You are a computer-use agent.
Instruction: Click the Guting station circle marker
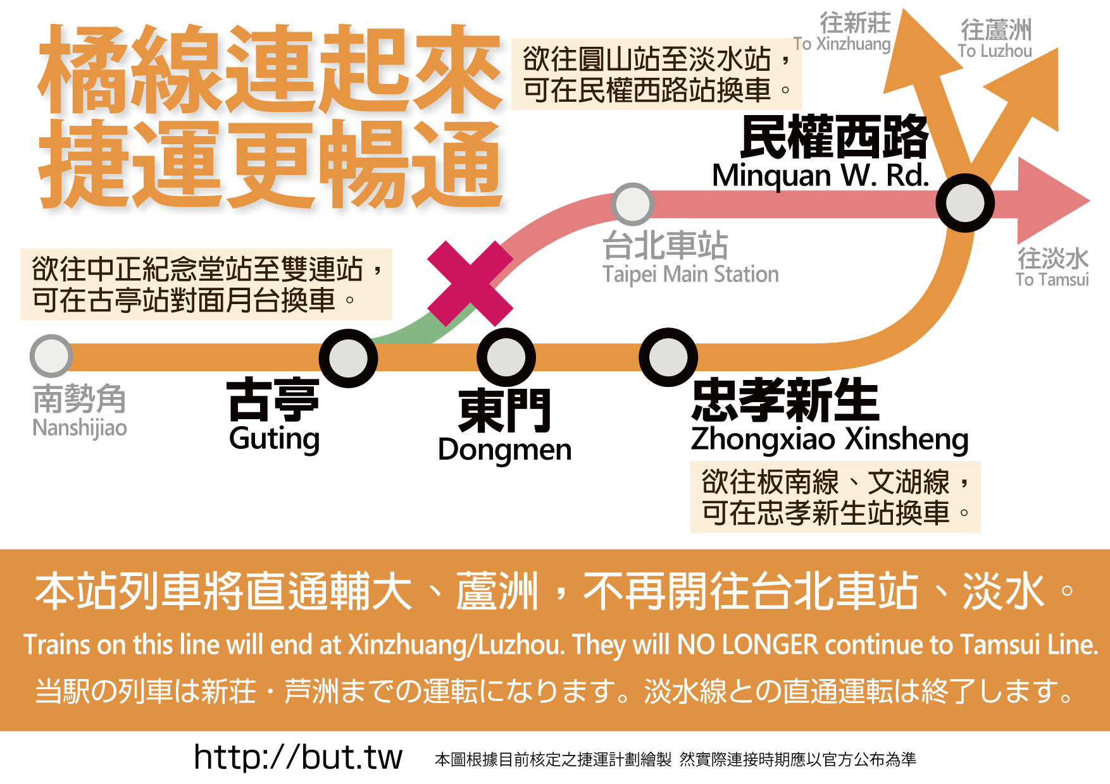348,358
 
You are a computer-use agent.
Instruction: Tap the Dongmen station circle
506,357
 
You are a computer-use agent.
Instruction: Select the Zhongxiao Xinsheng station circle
668,357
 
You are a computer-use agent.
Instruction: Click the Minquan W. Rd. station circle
965,203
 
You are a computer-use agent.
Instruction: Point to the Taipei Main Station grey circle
632,204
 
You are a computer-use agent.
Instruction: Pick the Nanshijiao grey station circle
51,356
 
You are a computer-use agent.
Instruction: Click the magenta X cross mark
470,283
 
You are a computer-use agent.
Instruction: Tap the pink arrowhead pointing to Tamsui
1051,201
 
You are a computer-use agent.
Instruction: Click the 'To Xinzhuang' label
842,44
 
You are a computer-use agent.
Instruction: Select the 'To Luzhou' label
995,51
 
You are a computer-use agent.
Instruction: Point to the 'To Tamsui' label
1052,279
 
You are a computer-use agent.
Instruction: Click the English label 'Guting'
274,439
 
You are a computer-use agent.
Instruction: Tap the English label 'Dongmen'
504,450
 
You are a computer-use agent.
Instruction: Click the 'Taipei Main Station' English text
690,274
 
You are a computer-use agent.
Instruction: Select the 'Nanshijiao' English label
80,428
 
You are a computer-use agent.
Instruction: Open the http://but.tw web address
298,757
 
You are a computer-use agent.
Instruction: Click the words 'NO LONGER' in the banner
747,645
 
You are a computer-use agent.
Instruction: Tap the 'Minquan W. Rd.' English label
820,176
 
